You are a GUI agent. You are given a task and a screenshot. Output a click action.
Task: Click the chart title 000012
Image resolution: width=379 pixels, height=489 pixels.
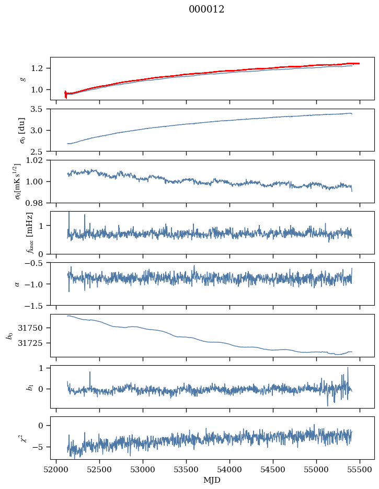point(206,9)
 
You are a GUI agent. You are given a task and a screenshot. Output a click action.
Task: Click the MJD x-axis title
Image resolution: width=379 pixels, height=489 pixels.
point(212,480)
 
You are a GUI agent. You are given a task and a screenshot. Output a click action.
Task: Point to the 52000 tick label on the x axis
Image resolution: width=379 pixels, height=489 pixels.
point(56,470)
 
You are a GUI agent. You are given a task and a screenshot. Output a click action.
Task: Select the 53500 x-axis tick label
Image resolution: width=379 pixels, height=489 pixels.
point(186,470)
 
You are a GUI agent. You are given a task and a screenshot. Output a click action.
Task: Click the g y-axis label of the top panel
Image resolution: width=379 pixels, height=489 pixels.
point(22,78)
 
